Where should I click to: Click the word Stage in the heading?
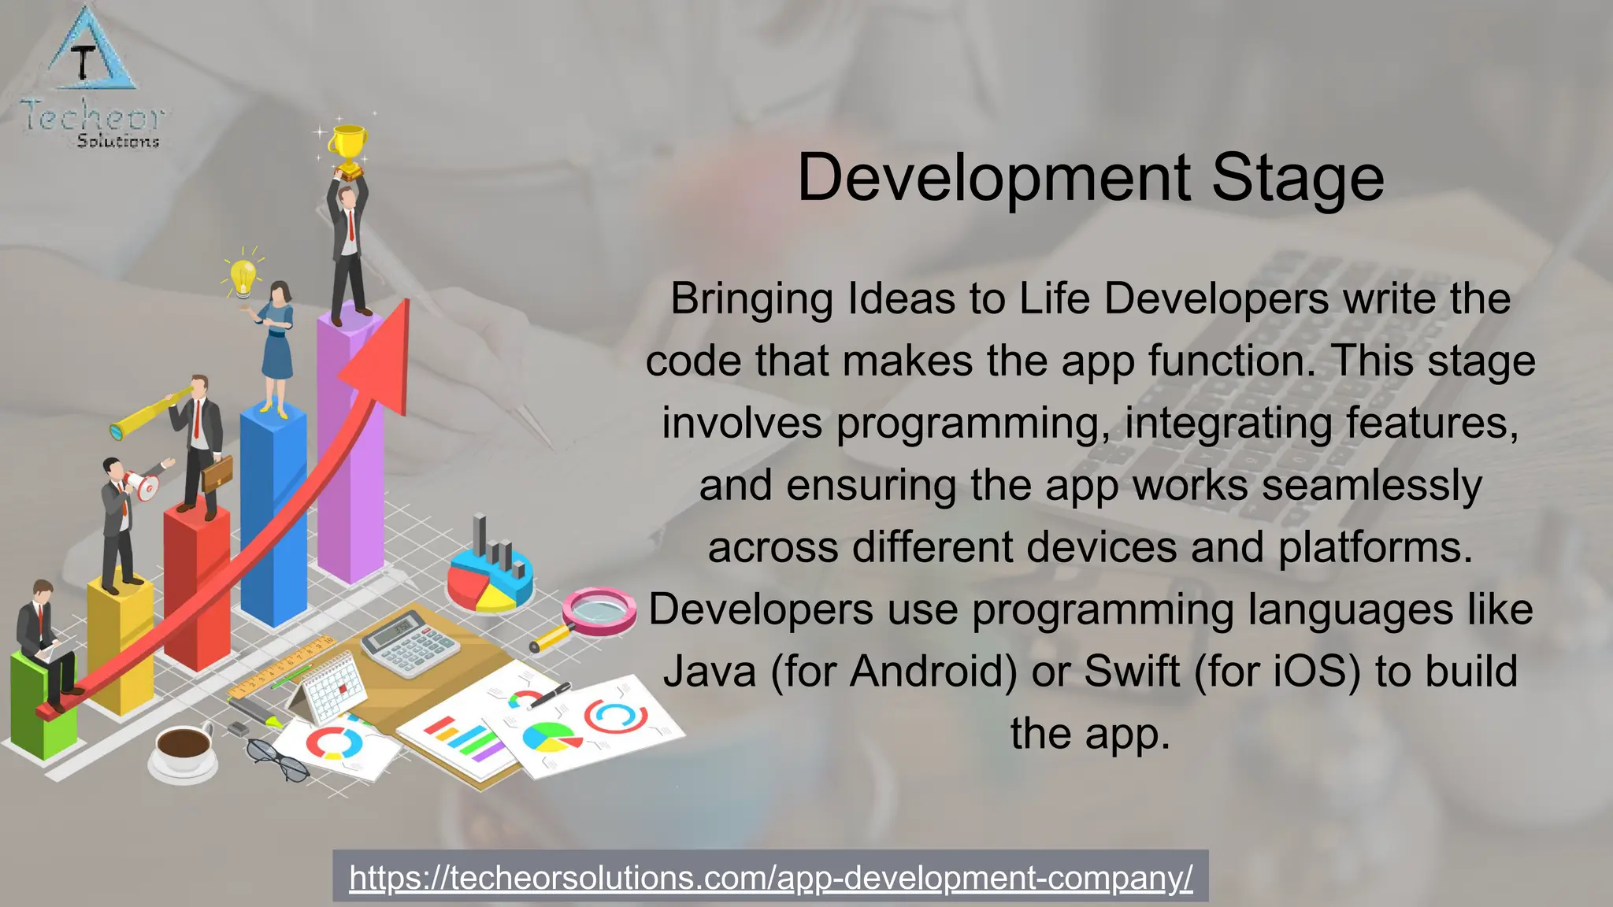point(1297,179)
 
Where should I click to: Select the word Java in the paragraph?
point(710,672)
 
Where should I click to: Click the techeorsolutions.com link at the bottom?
point(770,877)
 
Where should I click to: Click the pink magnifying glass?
point(599,613)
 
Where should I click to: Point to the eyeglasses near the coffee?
point(278,759)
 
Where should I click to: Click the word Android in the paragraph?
point(935,672)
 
